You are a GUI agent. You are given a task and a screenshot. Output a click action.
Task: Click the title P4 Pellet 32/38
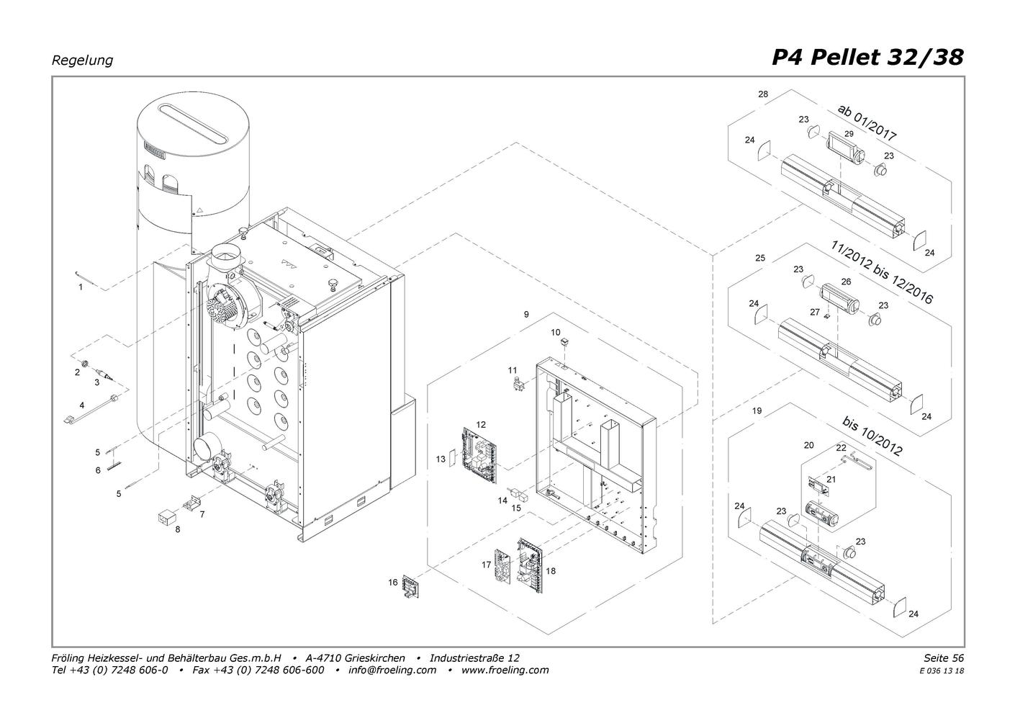[x=867, y=58]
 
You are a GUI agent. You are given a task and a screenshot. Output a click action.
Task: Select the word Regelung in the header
[x=82, y=60]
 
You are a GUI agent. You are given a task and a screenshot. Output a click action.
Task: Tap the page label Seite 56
[x=944, y=658]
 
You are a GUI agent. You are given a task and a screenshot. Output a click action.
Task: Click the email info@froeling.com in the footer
[x=392, y=670]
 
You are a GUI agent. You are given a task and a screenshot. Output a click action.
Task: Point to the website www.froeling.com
[x=505, y=670]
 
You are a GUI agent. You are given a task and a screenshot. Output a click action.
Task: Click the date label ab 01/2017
[x=867, y=122]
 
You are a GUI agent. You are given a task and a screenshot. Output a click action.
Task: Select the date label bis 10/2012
[x=872, y=436]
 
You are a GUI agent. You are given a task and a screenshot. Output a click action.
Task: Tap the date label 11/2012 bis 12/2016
[x=882, y=272]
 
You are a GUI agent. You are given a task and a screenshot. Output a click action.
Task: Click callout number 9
[x=526, y=314]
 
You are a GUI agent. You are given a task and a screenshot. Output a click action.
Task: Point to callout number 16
[x=392, y=583]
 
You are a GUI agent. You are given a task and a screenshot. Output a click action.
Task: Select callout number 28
[x=763, y=94]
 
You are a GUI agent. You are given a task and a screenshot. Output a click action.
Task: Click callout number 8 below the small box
[x=178, y=529]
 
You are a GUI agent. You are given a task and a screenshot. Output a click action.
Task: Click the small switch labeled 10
[x=564, y=341]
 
